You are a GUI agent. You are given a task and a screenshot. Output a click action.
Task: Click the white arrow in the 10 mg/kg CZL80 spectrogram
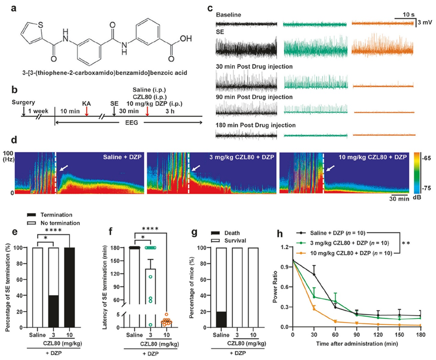click(x=331, y=170)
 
